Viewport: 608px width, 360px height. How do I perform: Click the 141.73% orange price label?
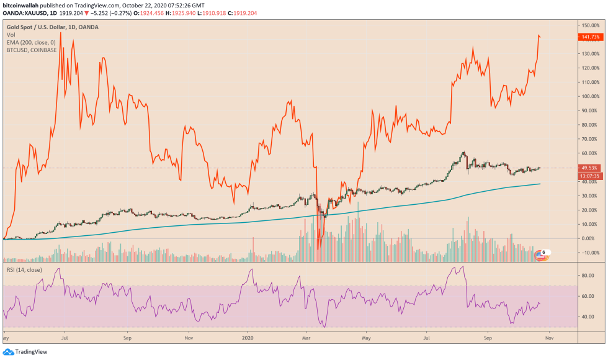click(x=590, y=37)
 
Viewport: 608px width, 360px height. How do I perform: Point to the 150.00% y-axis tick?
click(x=590, y=25)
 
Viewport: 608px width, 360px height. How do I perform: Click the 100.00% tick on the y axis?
click(x=590, y=96)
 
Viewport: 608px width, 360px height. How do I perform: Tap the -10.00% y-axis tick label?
click(x=590, y=253)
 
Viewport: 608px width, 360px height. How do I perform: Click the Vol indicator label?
click(x=11, y=35)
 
